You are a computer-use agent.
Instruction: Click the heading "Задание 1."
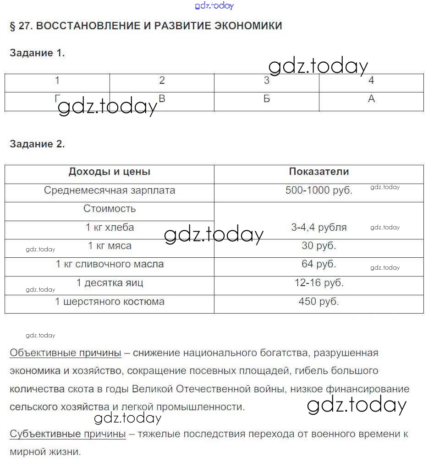pos(37,53)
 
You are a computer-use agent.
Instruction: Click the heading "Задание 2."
pos(37,144)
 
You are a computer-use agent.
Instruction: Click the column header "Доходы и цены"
pos(110,172)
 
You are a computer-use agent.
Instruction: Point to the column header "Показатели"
pos(319,172)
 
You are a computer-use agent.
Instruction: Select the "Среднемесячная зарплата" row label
pos(110,190)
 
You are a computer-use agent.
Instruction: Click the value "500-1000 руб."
pos(319,190)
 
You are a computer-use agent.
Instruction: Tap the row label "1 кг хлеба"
pos(110,227)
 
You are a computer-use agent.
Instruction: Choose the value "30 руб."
pos(319,246)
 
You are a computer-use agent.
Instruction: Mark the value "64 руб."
pos(319,264)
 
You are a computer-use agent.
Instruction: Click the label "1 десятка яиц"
pos(110,283)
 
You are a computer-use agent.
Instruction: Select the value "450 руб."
pos(319,302)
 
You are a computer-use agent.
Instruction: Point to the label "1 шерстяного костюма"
pos(110,302)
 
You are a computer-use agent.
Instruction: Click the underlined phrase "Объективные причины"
pos(66,353)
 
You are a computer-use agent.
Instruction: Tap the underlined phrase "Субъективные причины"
pos(67,434)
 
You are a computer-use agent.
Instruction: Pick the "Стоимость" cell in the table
pos(110,209)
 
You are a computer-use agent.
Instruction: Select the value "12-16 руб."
pos(319,283)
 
